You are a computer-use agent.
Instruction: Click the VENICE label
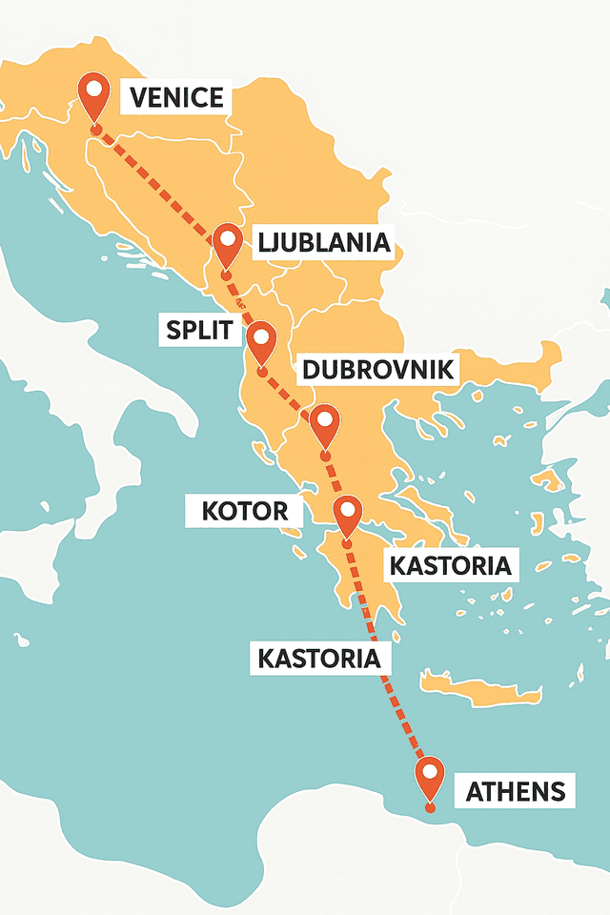(x=175, y=97)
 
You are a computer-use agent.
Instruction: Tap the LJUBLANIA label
(x=324, y=243)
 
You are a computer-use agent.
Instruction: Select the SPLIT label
(x=199, y=331)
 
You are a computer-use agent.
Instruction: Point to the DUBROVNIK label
(x=376, y=370)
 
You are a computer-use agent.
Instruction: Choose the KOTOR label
(x=245, y=511)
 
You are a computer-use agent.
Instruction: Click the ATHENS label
(x=515, y=791)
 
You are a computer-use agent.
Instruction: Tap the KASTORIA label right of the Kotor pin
(x=451, y=565)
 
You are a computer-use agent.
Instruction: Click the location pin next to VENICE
(x=94, y=93)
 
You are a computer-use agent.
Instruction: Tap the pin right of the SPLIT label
(x=260, y=339)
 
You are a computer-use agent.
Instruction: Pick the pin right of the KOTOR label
(x=347, y=514)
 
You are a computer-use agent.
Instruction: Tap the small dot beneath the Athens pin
(x=432, y=808)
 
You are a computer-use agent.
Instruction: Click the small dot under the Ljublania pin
(x=227, y=275)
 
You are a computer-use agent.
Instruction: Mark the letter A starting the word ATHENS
(x=476, y=791)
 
